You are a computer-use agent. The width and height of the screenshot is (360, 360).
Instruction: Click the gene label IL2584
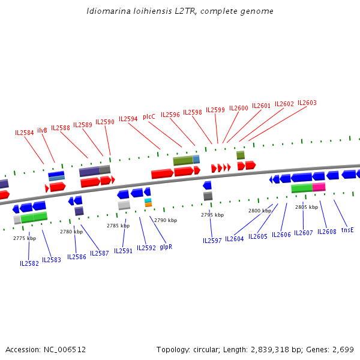coord(25,133)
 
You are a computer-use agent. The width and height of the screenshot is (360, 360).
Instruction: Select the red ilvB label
coord(42,130)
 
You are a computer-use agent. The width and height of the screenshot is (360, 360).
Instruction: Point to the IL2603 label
coord(307,103)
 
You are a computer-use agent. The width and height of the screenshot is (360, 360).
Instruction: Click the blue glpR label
coord(166,247)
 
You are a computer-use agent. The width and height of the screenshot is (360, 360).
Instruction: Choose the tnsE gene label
coord(347,230)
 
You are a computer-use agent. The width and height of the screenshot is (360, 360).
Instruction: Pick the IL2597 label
coord(212,241)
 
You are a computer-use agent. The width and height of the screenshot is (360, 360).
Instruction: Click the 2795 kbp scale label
coord(212,215)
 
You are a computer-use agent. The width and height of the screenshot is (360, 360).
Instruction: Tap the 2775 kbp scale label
coord(25,238)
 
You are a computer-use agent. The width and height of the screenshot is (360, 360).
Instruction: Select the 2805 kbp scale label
coord(307,207)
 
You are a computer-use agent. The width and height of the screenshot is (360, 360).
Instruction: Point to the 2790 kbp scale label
coord(166,220)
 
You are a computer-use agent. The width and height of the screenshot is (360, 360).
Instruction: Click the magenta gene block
coord(319,187)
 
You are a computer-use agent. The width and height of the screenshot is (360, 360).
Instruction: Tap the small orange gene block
coord(148,205)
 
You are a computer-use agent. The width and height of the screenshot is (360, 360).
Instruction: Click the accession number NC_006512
coord(65,349)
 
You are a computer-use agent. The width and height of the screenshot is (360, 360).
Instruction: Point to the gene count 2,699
coord(342,349)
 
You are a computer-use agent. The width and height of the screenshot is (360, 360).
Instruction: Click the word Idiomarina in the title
coord(106,11)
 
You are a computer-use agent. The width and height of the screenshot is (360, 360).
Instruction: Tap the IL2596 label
coord(170,115)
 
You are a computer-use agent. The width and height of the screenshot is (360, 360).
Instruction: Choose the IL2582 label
coord(29,263)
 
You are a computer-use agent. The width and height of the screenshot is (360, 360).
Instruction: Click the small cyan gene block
coord(148,200)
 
